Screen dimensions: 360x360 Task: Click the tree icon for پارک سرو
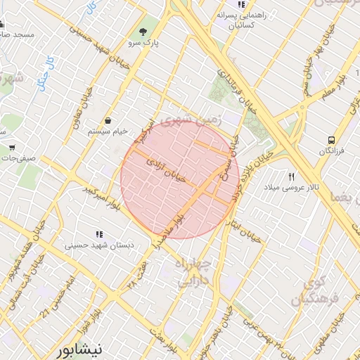(144, 32)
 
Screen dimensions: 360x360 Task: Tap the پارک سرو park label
(144, 43)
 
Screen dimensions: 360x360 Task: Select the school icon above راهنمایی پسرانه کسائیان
(241, 5)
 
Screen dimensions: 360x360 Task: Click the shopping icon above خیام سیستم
(108, 120)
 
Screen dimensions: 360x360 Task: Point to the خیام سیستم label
(107, 131)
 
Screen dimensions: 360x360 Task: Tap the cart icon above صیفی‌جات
(13, 148)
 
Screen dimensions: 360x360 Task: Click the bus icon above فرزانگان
(330, 140)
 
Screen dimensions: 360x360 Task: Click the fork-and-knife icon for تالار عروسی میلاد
(291, 176)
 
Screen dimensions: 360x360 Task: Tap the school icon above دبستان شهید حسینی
(99, 234)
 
